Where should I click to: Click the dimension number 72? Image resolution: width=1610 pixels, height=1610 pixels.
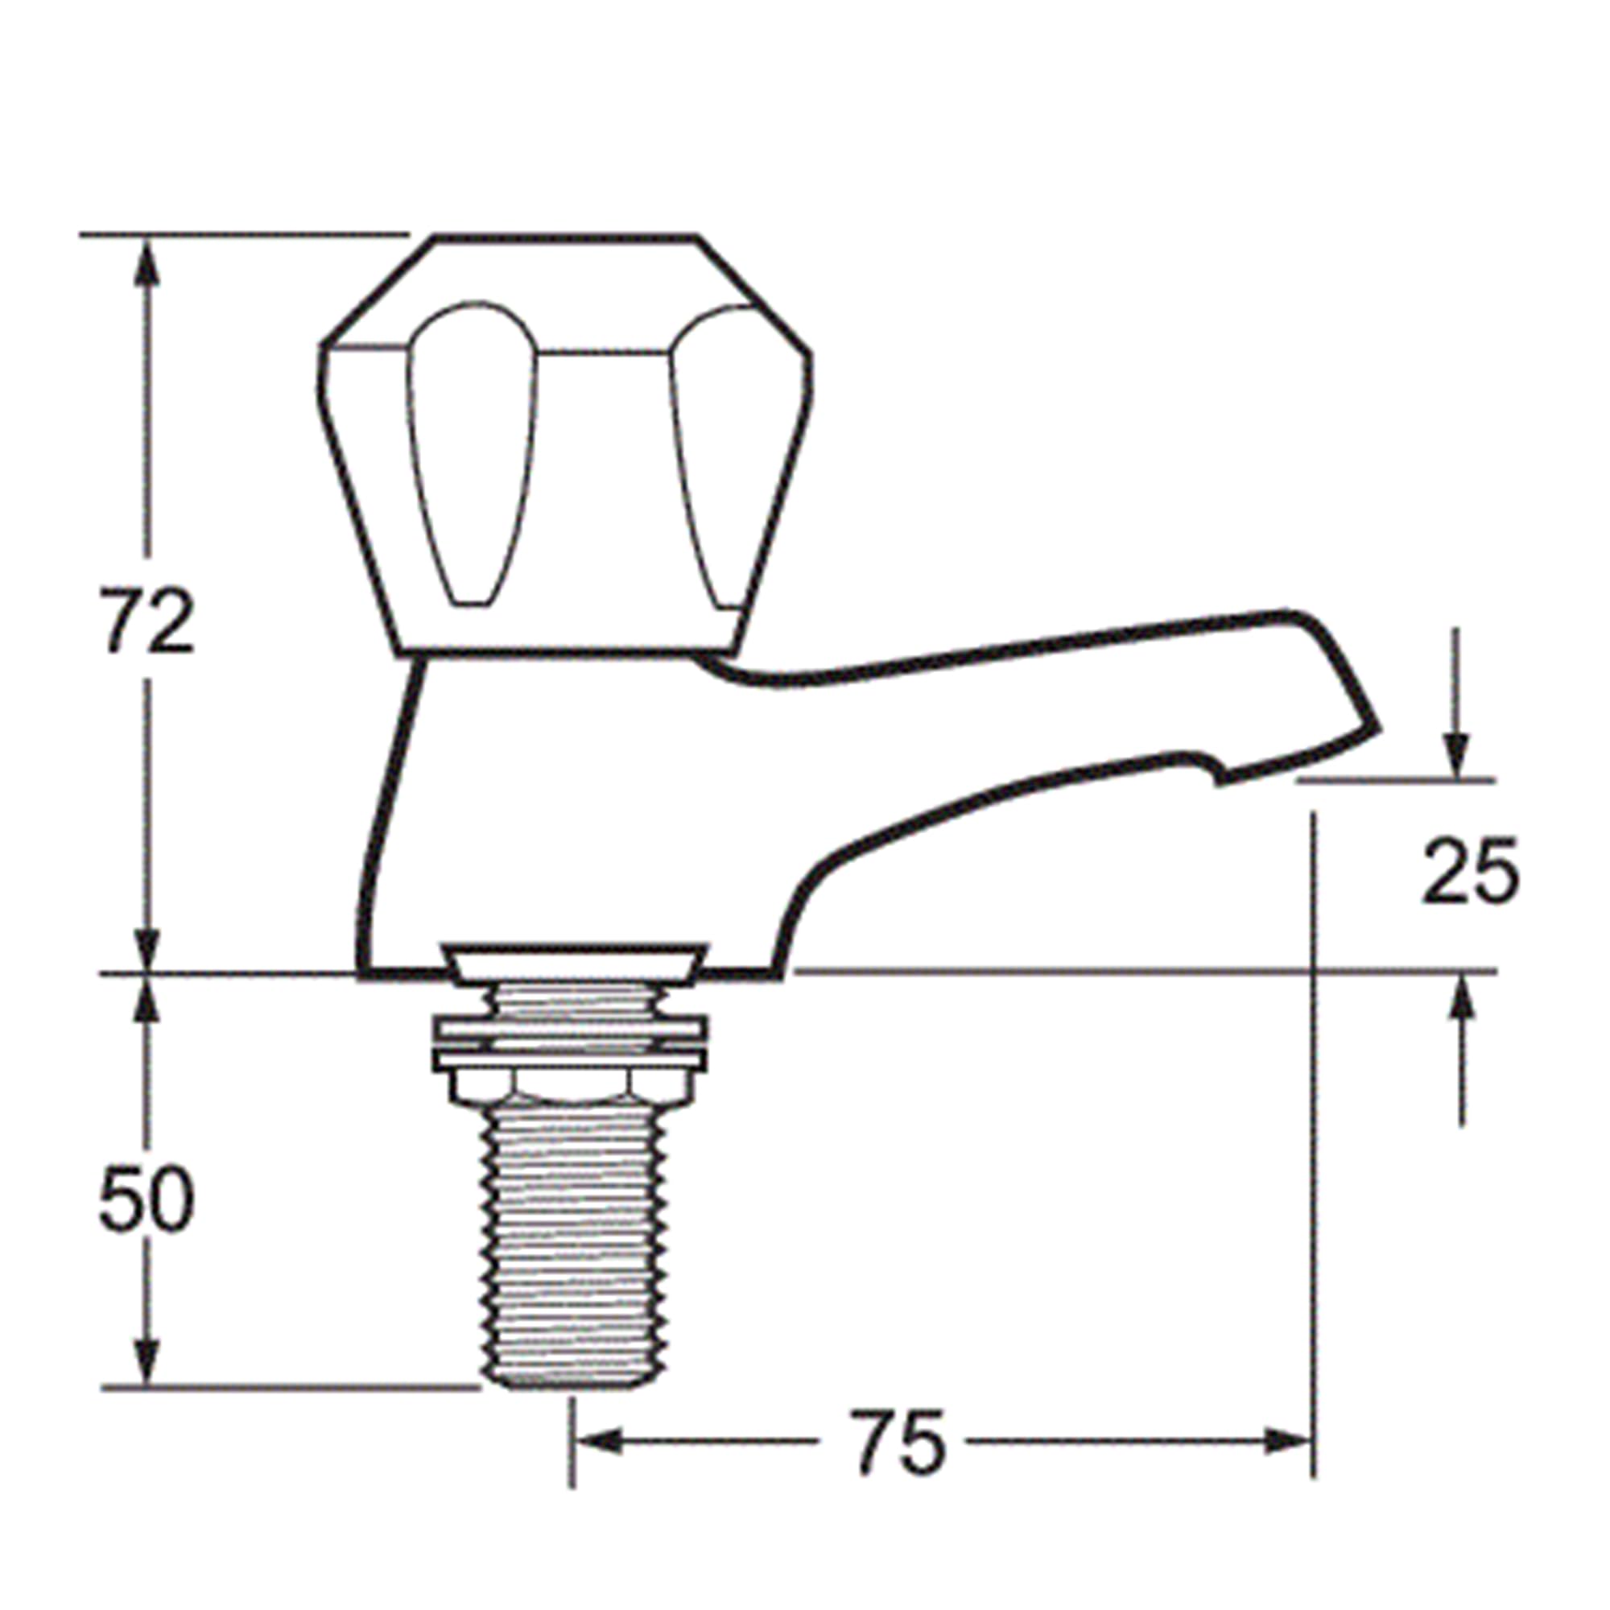coord(147,621)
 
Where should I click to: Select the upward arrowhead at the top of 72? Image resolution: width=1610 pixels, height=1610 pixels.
coord(147,260)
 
